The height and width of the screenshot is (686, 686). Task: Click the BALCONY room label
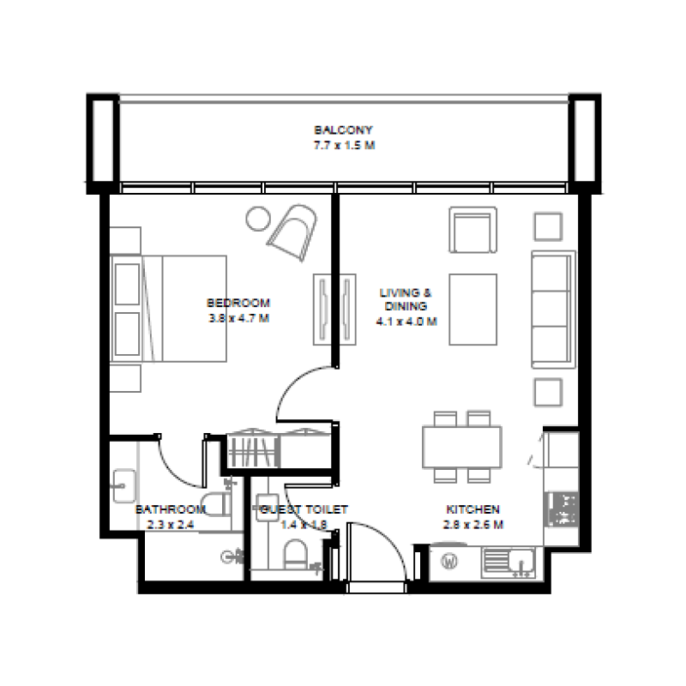point(343,130)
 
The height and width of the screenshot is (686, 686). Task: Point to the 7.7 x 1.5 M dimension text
point(343,146)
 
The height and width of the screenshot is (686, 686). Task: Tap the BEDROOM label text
point(238,303)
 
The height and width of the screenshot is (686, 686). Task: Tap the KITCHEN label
point(472,508)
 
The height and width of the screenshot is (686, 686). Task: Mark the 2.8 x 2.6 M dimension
point(472,525)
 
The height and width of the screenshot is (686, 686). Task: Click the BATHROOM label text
point(171,509)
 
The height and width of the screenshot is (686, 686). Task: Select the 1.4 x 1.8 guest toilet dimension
point(304,525)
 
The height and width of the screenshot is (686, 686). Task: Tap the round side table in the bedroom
point(256,218)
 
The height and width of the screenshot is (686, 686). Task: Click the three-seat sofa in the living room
point(553,307)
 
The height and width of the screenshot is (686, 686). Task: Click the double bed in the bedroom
point(171,309)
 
